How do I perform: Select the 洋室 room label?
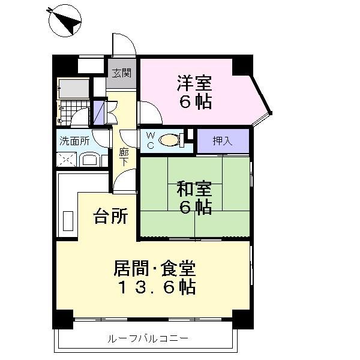[x=193, y=83]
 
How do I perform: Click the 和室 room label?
[x=193, y=190]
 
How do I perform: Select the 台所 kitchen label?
[x=110, y=215]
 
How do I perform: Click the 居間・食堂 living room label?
[x=154, y=268]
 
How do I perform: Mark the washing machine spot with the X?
[x=65, y=160]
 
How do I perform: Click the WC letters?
[x=150, y=140]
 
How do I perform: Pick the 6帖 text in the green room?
[x=194, y=208]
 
